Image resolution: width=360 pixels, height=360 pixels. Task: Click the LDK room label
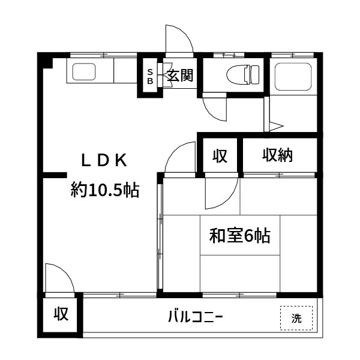coord(104,160)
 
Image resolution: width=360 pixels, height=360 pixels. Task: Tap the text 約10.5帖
coord(105,191)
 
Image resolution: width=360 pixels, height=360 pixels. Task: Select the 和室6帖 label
coord(239,236)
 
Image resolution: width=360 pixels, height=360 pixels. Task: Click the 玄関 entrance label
coord(179,76)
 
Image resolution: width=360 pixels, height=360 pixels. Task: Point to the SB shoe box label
coord(150,76)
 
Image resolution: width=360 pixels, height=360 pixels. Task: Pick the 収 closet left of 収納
coord(220,156)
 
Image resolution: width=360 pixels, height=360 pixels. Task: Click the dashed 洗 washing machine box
coord(296,318)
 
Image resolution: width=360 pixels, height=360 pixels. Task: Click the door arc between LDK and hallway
coord(179,157)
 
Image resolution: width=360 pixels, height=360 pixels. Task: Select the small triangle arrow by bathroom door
coord(275,127)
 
